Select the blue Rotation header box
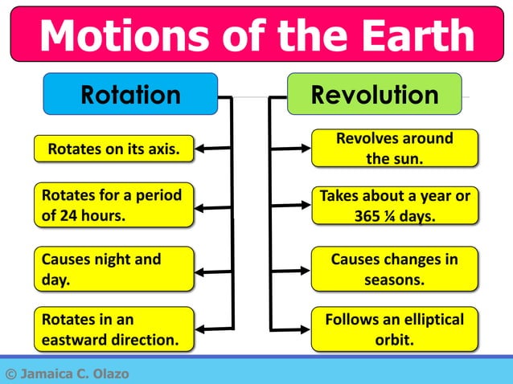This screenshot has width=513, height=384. click(130, 95)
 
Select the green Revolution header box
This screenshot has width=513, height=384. click(375, 95)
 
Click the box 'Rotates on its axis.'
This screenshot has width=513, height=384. click(113, 149)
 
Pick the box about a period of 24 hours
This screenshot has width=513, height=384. click(113, 205)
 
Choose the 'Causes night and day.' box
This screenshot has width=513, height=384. click(113, 269)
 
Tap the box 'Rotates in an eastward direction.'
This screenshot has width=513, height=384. click(113, 329)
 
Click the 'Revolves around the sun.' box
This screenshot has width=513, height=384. click(394, 148)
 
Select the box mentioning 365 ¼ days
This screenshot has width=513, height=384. click(394, 205)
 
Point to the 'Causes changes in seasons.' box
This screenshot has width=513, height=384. click(394, 269)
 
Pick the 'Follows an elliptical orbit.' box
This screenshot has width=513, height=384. click(394, 329)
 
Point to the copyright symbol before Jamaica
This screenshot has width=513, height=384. click(10, 374)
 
